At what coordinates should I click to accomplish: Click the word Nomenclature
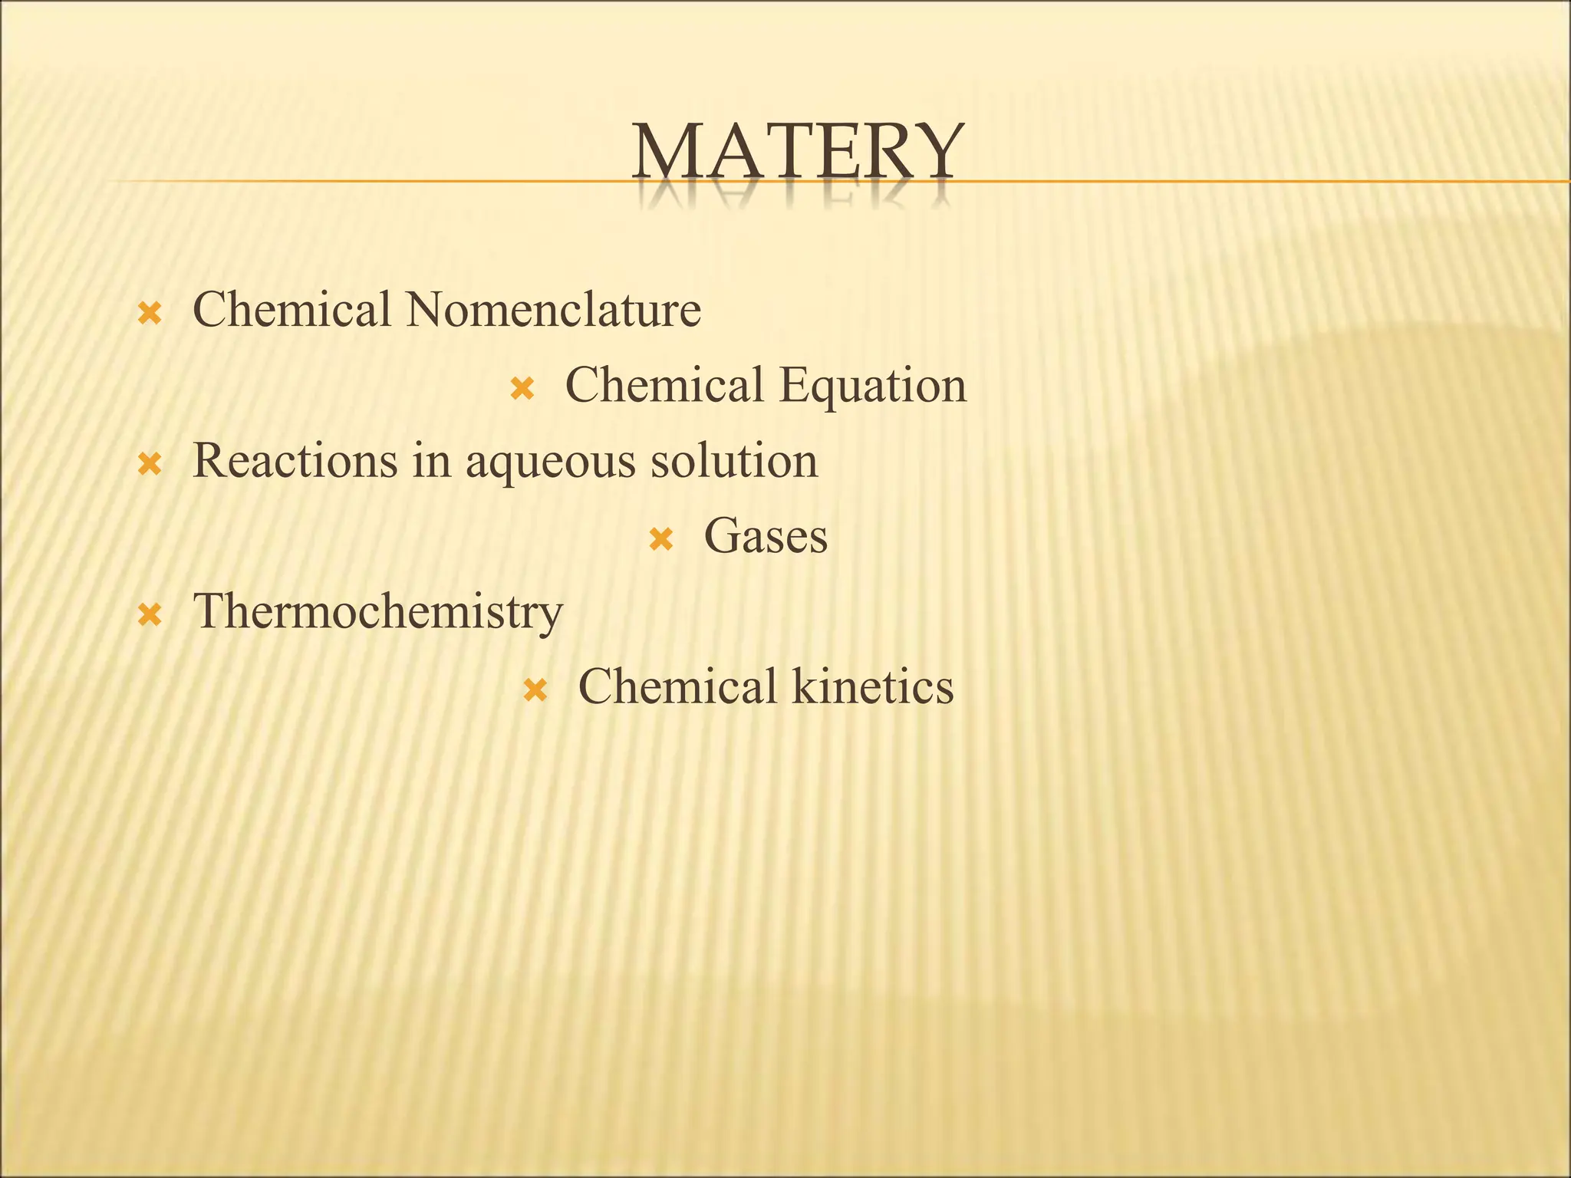point(553,310)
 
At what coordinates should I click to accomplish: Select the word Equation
point(873,385)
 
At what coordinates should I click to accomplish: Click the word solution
point(734,461)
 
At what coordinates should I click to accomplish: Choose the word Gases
point(766,536)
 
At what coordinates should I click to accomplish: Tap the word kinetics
point(873,686)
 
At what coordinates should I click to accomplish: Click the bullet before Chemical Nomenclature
point(149,313)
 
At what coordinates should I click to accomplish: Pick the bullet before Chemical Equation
point(522,389)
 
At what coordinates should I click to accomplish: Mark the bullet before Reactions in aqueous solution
point(149,464)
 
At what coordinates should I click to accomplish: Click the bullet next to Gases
point(660,540)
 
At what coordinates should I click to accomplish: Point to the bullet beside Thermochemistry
point(149,615)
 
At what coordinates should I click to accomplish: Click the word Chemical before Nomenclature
point(291,310)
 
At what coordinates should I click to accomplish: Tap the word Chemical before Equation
point(664,385)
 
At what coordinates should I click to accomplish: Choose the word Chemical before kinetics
point(677,686)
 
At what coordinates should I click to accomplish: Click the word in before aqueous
point(430,461)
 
